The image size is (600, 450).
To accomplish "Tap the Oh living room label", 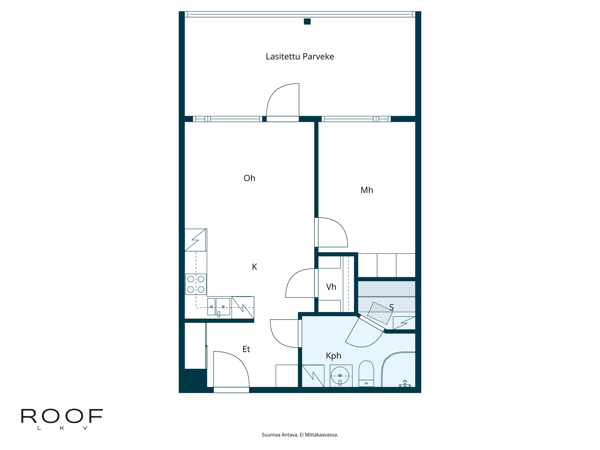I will pyautogui.click(x=249, y=178).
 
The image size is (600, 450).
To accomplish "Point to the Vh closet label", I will pyautogui.click(x=331, y=287).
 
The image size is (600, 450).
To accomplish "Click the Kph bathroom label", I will pyautogui.click(x=333, y=356).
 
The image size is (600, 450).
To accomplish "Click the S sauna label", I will pyautogui.click(x=391, y=307).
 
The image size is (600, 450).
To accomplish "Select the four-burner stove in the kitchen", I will pyautogui.click(x=196, y=284).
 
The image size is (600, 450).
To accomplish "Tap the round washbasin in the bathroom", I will pyautogui.click(x=340, y=375).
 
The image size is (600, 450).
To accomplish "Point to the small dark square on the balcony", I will pyautogui.click(x=307, y=21).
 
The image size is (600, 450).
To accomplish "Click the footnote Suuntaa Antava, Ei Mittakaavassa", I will pyautogui.click(x=300, y=435).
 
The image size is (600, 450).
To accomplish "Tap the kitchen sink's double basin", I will pyautogui.click(x=219, y=306).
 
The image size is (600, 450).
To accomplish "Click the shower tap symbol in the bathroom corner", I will pyautogui.click(x=405, y=384).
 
